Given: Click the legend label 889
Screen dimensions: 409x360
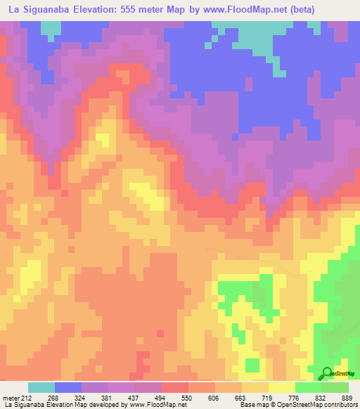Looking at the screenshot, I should click(x=347, y=398).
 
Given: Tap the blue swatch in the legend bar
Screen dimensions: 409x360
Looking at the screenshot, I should click(x=67, y=387).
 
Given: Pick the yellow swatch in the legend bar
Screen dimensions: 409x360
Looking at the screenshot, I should click(x=281, y=387).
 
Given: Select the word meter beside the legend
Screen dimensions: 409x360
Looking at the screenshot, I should click(x=12, y=398).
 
